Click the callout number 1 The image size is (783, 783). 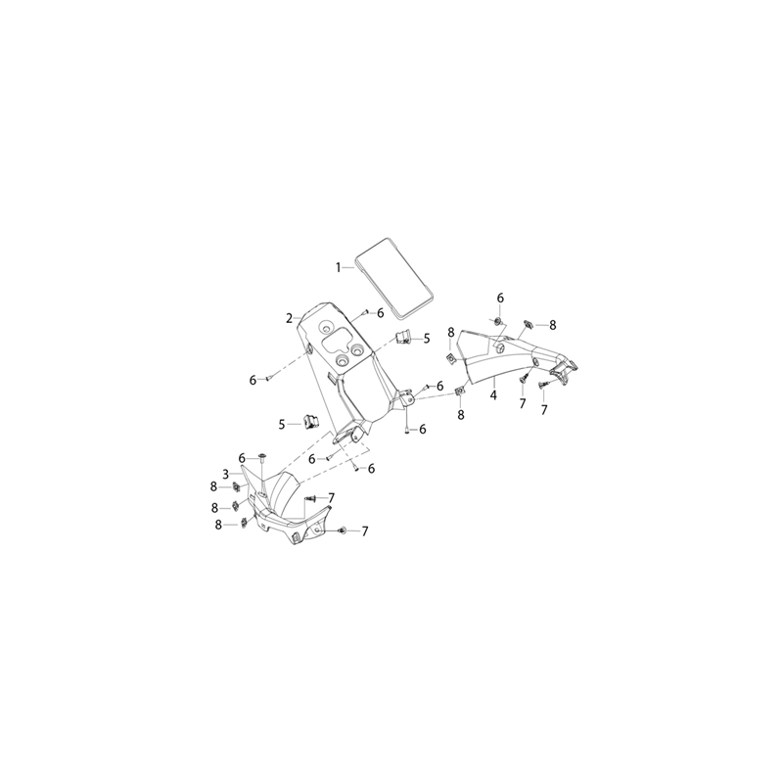click(338, 267)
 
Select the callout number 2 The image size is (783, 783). click(289, 318)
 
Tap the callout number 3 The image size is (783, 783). click(225, 474)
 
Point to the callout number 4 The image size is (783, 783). click(493, 395)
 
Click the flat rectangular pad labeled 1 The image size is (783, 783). click(394, 279)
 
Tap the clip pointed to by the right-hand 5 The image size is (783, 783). click(403, 337)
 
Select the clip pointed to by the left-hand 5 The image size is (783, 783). click(310, 422)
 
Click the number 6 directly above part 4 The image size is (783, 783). click(500, 299)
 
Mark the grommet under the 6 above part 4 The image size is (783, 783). click(498, 320)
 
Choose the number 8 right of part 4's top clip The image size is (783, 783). click(552, 325)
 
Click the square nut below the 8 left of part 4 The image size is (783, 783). click(451, 358)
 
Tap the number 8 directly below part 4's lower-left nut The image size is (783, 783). click(461, 414)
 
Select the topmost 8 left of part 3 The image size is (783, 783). click(214, 486)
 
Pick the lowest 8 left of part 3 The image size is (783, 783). click(218, 525)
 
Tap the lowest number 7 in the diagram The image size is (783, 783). click(364, 531)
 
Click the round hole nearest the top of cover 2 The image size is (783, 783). click(326, 328)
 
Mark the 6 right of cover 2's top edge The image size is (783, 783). click(381, 313)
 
